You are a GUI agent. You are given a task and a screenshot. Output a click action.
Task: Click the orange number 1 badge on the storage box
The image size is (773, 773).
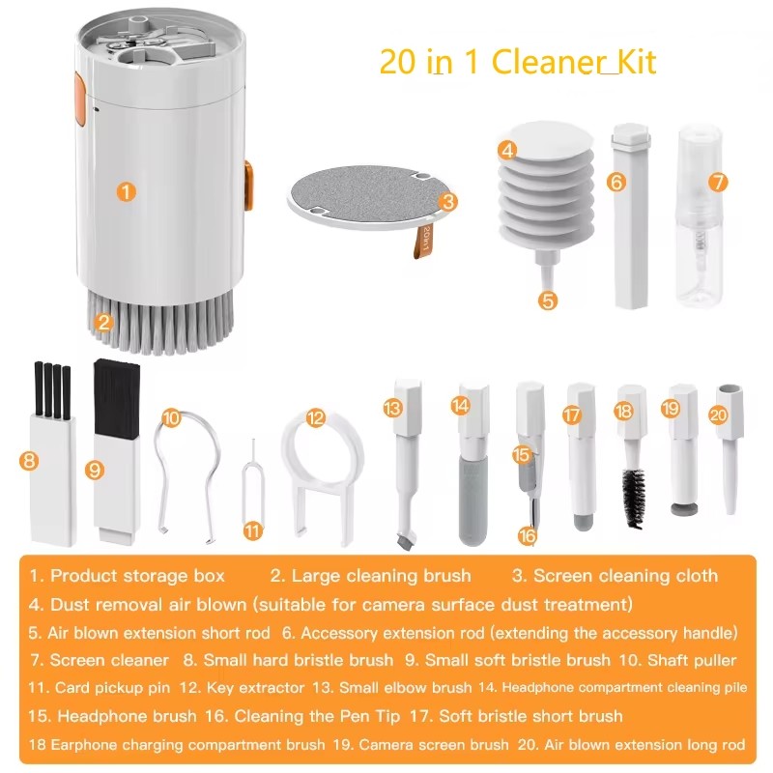click(x=127, y=191)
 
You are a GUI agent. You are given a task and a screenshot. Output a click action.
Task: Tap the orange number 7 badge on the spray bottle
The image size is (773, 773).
click(x=716, y=182)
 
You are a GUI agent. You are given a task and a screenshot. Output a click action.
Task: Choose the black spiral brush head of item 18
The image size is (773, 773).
click(x=634, y=497)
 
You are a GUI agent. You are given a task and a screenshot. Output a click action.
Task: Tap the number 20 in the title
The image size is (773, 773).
click(x=397, y=62)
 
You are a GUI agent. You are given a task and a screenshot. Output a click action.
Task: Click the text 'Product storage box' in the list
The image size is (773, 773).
click(x=137, y=576)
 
